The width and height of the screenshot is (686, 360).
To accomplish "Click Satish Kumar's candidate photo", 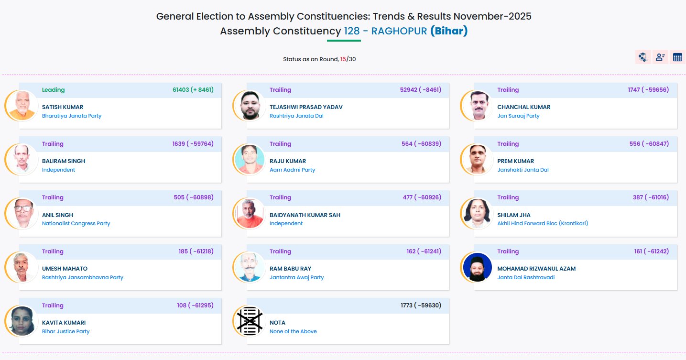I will (22, 105).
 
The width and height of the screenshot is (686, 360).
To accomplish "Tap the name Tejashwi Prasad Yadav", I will (306, 107).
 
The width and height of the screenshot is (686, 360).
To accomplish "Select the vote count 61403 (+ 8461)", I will (193, 90).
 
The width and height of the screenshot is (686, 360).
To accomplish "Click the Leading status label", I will (53, 90).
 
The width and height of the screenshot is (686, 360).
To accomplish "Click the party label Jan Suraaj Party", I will (518, 116).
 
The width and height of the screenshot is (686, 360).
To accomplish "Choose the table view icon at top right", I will (677, 57).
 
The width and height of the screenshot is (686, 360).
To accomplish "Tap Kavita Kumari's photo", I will (22, 321).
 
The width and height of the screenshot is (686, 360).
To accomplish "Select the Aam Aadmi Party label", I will (292, 170).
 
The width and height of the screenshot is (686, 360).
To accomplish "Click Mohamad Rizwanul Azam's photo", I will (477, 267).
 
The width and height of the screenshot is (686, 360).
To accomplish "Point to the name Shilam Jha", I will (513, 215).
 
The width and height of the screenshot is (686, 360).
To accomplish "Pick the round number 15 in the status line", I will (343, 59).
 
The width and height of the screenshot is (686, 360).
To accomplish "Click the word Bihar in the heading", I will (448, 31).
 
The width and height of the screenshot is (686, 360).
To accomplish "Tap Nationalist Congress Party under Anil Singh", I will (76, 223).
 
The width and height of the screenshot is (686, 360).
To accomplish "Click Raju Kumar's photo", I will (250, 159).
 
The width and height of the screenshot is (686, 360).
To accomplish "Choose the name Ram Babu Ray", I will (290, 269).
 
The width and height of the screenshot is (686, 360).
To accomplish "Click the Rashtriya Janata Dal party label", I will (296, 116).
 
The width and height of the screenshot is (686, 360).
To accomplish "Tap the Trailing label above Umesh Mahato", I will (53, 251).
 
